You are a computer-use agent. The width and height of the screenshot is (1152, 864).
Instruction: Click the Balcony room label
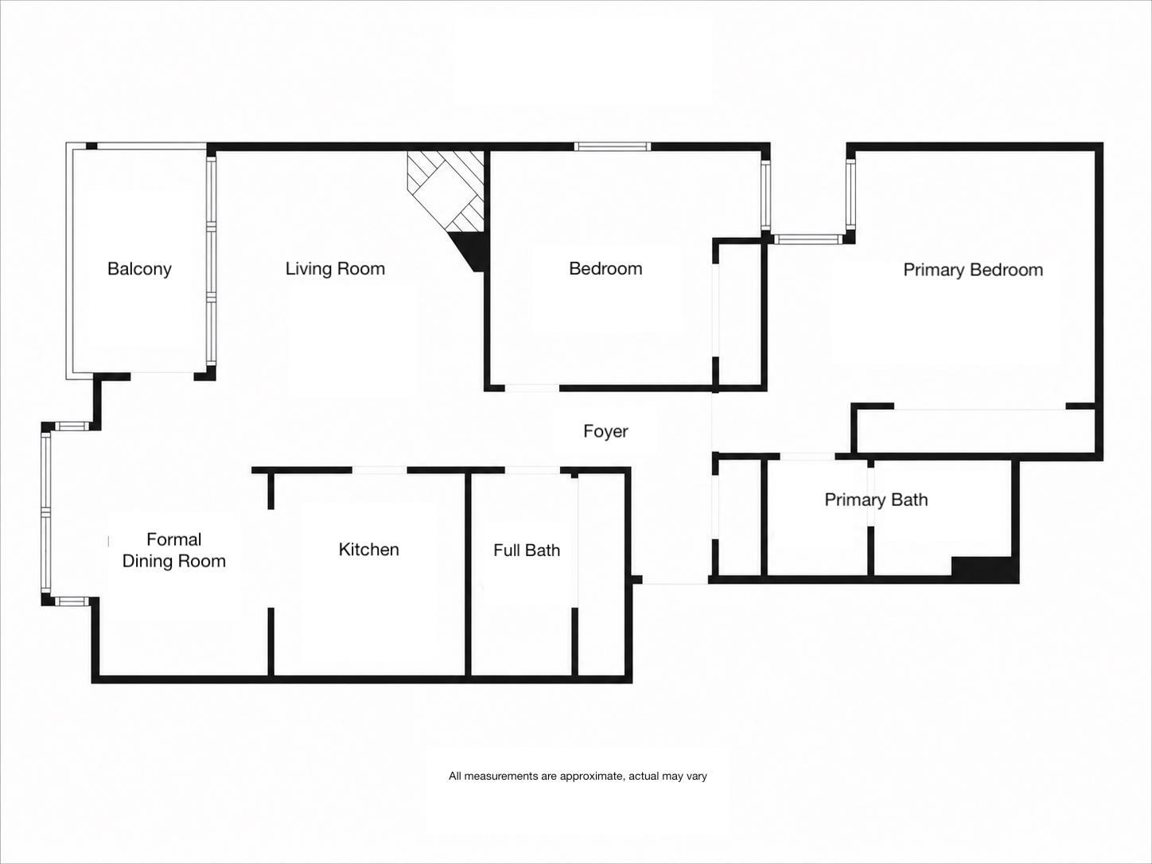pos(139,269)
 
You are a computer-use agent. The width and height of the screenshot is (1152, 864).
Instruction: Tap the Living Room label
pos(336,269)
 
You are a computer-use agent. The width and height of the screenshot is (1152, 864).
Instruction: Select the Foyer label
pos(605,432)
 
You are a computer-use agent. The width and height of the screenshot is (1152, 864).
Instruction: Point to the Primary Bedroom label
pos(973,270)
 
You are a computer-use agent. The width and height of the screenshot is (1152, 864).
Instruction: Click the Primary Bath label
pos(876,500)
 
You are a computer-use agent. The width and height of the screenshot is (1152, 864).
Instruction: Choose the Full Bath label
pos(527,551)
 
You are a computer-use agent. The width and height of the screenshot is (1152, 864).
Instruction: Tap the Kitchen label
pos(369,550)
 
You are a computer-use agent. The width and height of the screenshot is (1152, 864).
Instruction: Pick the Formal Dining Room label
pos(174,551)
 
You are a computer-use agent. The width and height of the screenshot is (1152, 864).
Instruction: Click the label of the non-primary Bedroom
pos(605,269)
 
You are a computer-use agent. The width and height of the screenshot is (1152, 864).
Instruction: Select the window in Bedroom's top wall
pos(612,147)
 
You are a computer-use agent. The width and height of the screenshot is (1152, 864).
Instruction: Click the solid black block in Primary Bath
pos(985,569)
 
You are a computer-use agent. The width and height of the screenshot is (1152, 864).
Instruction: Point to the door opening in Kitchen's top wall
pos(379,470)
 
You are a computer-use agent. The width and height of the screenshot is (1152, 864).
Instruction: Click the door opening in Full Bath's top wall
pos(532,470)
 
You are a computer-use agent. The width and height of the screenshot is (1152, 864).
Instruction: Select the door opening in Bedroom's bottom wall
pos(531,388)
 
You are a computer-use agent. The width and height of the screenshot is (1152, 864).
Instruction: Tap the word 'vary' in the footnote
pos(696,776)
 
